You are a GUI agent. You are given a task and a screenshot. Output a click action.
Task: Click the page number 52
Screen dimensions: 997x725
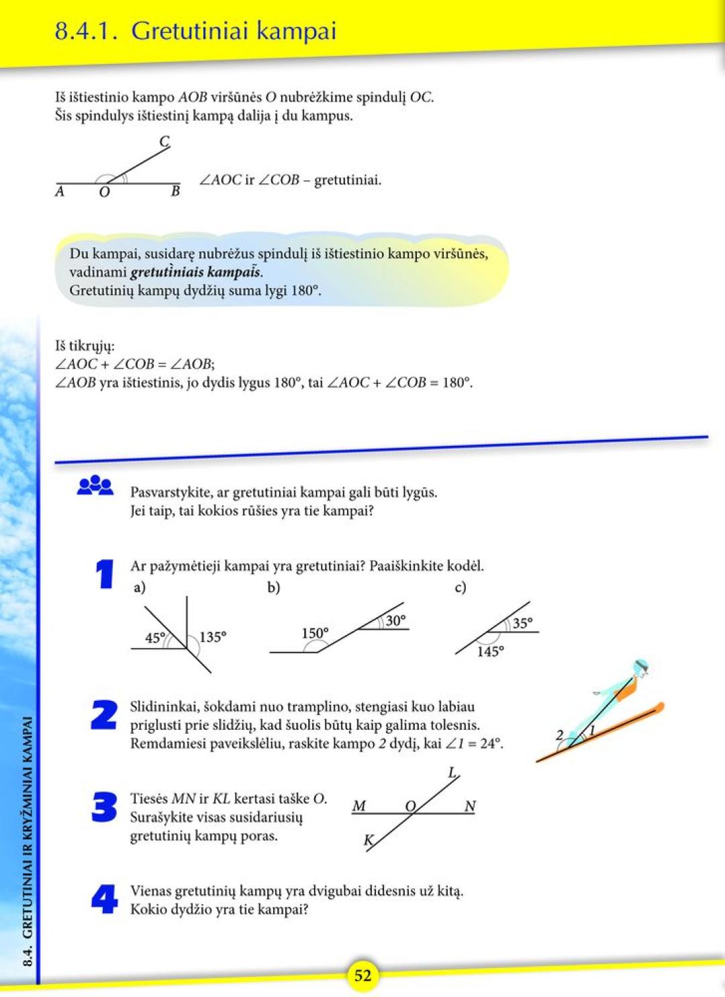[362, 975]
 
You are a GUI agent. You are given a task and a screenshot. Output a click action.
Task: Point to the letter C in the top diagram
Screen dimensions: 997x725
[164, 142]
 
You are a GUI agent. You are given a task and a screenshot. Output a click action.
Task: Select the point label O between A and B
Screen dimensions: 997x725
[104, 193]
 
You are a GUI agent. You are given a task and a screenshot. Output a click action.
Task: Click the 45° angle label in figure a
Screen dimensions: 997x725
[155, 638]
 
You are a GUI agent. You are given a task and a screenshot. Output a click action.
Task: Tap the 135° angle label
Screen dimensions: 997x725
[213, 637]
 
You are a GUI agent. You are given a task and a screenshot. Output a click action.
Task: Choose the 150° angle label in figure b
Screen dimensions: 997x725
[315, 633]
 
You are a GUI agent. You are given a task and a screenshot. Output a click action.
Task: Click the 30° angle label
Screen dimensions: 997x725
[395, 621]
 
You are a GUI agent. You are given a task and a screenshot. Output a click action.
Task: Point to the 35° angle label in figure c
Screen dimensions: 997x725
[522, 624]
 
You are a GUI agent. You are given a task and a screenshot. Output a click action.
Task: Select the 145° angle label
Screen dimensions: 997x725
[490, 652]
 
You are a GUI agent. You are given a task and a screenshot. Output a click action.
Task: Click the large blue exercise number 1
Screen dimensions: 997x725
[105, 575]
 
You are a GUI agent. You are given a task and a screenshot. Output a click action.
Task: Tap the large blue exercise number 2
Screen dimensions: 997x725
[104, 715]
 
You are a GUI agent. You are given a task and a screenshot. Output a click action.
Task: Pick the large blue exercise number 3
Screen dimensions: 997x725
[104, 807]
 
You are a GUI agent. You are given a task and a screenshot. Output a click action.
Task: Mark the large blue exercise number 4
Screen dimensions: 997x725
[105, 899]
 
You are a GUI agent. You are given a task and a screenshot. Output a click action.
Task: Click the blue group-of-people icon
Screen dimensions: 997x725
[95, 485]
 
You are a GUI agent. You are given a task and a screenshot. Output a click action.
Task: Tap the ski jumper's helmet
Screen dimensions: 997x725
[641, 666]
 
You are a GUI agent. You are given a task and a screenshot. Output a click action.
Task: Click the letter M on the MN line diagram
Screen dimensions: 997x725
[359, 806]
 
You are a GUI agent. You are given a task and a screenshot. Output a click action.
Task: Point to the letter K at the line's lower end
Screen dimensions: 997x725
[369, 841]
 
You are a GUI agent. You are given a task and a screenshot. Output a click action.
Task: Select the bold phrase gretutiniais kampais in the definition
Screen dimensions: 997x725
[195, 273]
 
